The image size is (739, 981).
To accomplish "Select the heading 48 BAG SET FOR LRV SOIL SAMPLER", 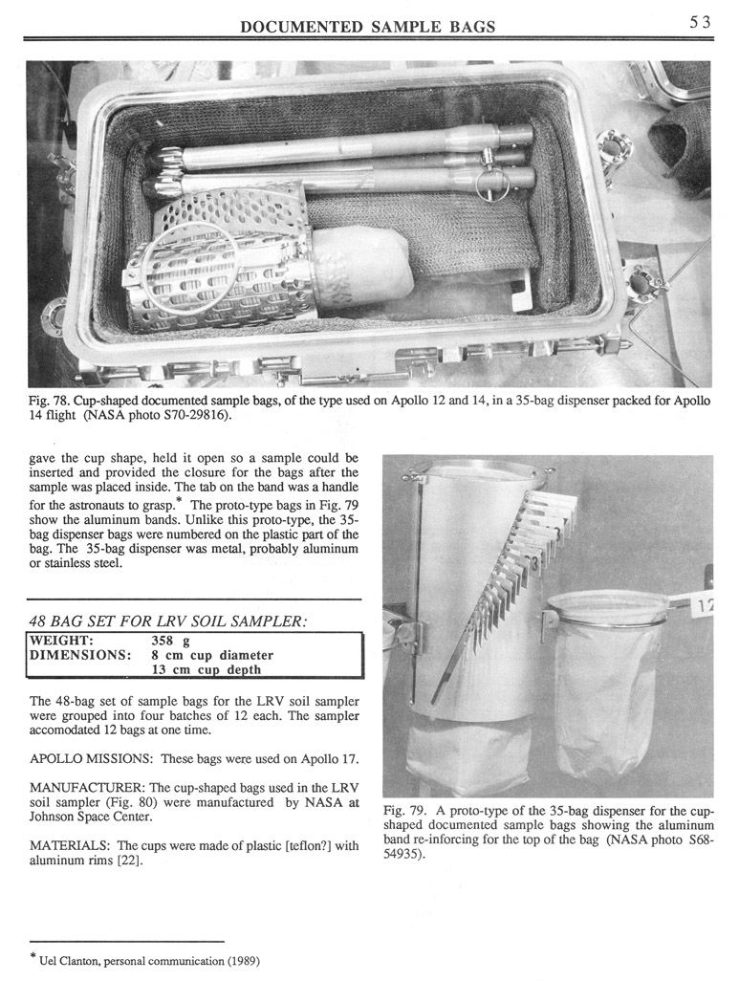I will pyautogui.click(x=168, y=621).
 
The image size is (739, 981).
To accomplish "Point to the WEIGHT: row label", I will pyautogui.click(x=62, y=639).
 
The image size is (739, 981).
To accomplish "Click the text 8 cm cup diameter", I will pyautogui.click(x=212, y=655).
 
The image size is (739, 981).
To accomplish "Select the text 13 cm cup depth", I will pyautogui.click(x=206, y=670).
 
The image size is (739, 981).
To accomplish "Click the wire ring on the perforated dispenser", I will pyautogui.click(x=187, y=268).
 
